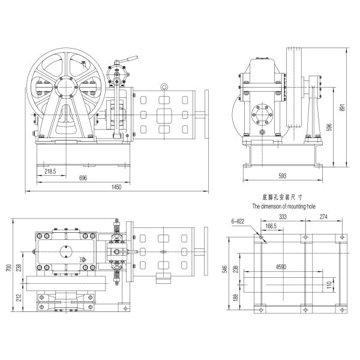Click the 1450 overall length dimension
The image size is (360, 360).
(x=117, y=187)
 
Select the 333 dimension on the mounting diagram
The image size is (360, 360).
(x=282, y=217)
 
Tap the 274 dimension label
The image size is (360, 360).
(x=324, y=217)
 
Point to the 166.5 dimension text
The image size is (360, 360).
(x=271, y=226)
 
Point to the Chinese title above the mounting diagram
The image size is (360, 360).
(x=283, y=196)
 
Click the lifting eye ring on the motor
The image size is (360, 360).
(x=162, y=88)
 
